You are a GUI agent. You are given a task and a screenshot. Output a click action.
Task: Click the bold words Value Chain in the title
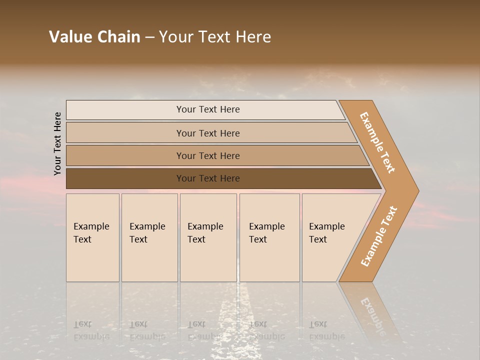[x=94, y=37]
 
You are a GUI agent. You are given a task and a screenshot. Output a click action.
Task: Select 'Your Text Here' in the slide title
[x=215, y=37]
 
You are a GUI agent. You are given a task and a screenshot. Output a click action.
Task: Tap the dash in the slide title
[x=149, y=37]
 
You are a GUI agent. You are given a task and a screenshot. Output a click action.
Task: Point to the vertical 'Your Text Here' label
[x=57, y=143]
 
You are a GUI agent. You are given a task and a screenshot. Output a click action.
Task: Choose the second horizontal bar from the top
[x=207, y=133]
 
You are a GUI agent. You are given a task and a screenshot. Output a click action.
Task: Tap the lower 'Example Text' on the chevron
[x=379, y=236]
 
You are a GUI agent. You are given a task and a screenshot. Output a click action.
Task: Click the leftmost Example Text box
[x=92, y=237]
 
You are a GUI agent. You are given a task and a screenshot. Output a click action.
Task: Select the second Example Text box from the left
[x=149, y=237]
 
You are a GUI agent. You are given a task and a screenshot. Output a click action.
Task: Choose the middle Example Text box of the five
[x=208, y=237]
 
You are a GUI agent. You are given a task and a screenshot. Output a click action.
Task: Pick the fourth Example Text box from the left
[x=269, y=237]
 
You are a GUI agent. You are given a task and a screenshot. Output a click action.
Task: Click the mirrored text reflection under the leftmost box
[x=91, y=330]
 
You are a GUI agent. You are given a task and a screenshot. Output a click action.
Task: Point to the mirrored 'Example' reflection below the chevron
[x=373, y=315]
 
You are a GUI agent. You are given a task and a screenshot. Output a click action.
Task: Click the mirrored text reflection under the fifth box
[x=326, y=330]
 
